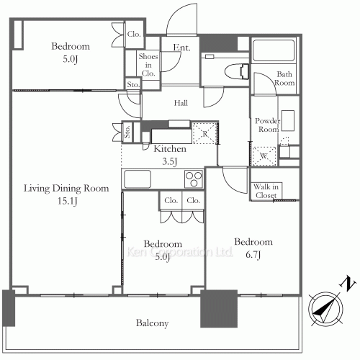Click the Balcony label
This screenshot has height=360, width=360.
pyautogui.click(x=152, y=323)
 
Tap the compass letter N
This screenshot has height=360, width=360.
pyautogui.click(x=347, y=284)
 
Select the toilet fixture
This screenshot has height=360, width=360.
pyautogui.click(x=237, y=71)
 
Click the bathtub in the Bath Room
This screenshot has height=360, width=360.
pyautogui.click(x=274, y=50)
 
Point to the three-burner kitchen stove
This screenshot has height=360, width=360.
pyautogui.click(x=194, y=179)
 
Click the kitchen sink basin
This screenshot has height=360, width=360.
pyautogui.click(x=138, y=179)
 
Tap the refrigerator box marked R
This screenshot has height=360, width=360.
pyautogui.click(x=205, y=133)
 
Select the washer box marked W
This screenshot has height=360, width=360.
pyautogui.click(x=264, y=156)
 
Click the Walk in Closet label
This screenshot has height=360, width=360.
pyautogui.click(x=266, y=191)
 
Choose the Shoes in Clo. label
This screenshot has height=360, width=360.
pyautogui.click(x=148, y=65)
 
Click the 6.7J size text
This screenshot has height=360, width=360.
pyautogui.click(x=253, y=254)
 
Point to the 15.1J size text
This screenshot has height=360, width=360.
pyautogui.click(x=68, y=201)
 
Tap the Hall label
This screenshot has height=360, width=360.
pyautogui.click(x=181, y=103)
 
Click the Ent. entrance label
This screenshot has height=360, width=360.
pyautogui.click(x=181, y=48)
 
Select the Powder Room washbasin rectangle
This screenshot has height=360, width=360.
pyautogui.click(x=288, y=121)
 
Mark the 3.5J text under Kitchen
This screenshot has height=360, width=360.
pyautogui.click(x=170, y=161)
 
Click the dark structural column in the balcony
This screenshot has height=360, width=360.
pyautogui.click(x=219, y=309)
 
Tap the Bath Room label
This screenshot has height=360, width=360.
pyautogui.click(x=284, y=78)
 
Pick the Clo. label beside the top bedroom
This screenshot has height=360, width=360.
pyautogui.click(x=134, y=34)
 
